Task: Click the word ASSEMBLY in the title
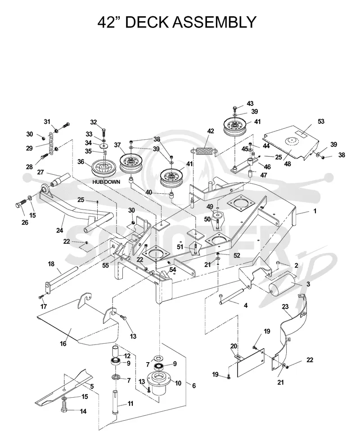[214, 22]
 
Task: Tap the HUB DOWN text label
[106, 182]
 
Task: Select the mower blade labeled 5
[64, 388]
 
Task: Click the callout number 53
[321, 122]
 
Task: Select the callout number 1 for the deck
[315, 211]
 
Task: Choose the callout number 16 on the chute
[63, 344]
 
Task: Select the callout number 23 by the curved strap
[285, 307]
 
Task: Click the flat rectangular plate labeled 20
[250, 363]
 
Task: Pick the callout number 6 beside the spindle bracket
[194, 386]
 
